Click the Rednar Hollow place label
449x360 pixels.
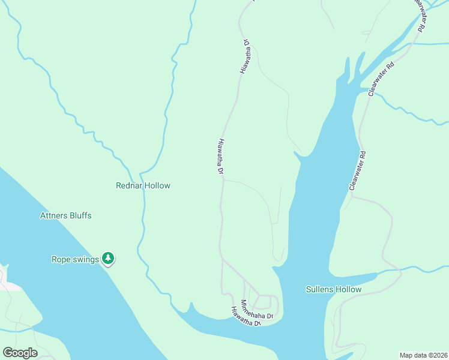(143, 185)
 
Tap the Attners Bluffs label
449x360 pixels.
(66, 215)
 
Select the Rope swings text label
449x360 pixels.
(74, 259)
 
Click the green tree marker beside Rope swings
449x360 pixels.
(108, 258)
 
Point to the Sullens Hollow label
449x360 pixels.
(333, 289)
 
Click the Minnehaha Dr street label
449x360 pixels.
(257, 309)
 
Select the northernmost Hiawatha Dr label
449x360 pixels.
(245, 56)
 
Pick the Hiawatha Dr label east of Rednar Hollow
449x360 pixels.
(220, 157)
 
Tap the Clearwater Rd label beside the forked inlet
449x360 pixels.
(381, 78)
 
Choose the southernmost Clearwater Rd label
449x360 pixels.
(358, 172)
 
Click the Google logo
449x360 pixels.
(20, 352)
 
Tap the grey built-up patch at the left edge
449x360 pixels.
(7, 281)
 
